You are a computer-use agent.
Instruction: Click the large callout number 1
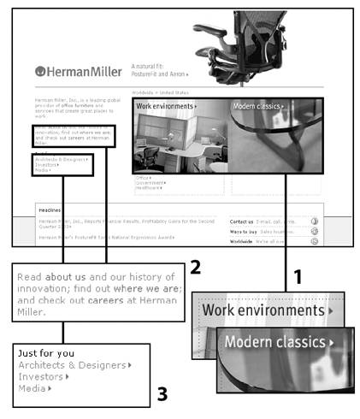click(298, 276)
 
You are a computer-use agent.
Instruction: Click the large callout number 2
click(195, 267)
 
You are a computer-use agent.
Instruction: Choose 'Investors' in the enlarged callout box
click(43, 376)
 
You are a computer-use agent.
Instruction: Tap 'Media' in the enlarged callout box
click(35, 388)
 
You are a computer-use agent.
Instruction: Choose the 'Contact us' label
click(242, 221)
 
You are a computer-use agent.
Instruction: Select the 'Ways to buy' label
click(243, 231)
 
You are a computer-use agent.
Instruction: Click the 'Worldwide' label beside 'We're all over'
click(242, 241)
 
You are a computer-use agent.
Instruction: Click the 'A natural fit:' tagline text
click(150, 65)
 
